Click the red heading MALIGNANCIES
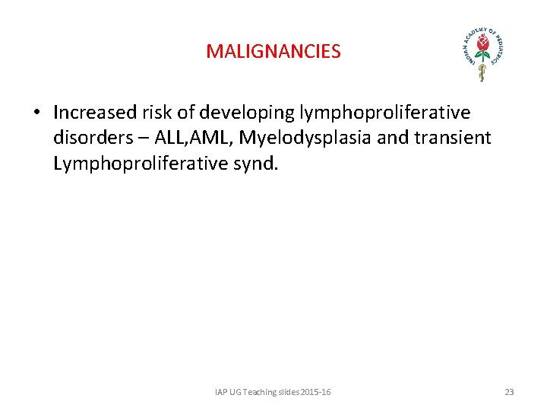coord(273,52)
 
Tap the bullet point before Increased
coord(36,113)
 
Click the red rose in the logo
coord(482,47)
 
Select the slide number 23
coord(509,392)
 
